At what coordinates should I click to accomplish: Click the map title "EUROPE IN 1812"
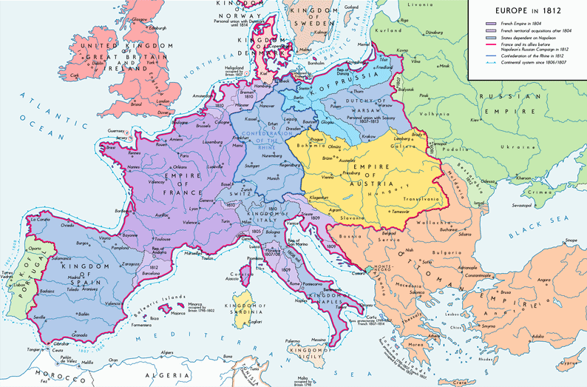[524, 11]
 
